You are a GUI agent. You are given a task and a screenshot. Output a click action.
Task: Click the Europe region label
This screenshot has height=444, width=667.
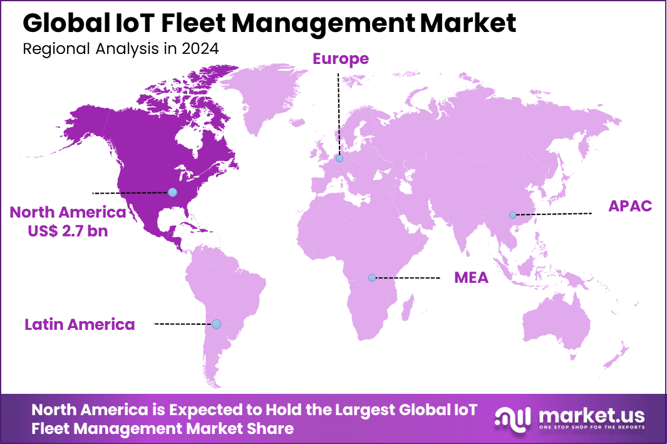(341, 59)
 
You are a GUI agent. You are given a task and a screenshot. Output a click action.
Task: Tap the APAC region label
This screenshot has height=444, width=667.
(631, 206)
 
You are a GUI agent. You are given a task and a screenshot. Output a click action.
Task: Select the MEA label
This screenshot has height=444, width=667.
(471, 278)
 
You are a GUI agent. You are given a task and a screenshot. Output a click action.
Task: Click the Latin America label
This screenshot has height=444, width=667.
(80, 324)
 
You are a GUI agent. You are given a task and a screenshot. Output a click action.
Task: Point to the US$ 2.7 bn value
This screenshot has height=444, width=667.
(68, 231)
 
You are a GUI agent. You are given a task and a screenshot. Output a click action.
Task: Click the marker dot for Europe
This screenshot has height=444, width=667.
(339, 159)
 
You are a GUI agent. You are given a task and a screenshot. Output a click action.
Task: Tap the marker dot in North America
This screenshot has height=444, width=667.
(172, 192)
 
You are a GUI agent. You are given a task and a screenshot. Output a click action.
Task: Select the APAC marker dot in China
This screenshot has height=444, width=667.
(512, 215)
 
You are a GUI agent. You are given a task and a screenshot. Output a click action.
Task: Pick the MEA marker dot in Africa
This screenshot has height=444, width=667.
(372, 277)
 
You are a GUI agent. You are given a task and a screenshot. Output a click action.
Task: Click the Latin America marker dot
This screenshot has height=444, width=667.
(216, 324)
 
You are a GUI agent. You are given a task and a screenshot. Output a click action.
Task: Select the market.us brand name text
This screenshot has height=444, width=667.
(591, 415)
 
